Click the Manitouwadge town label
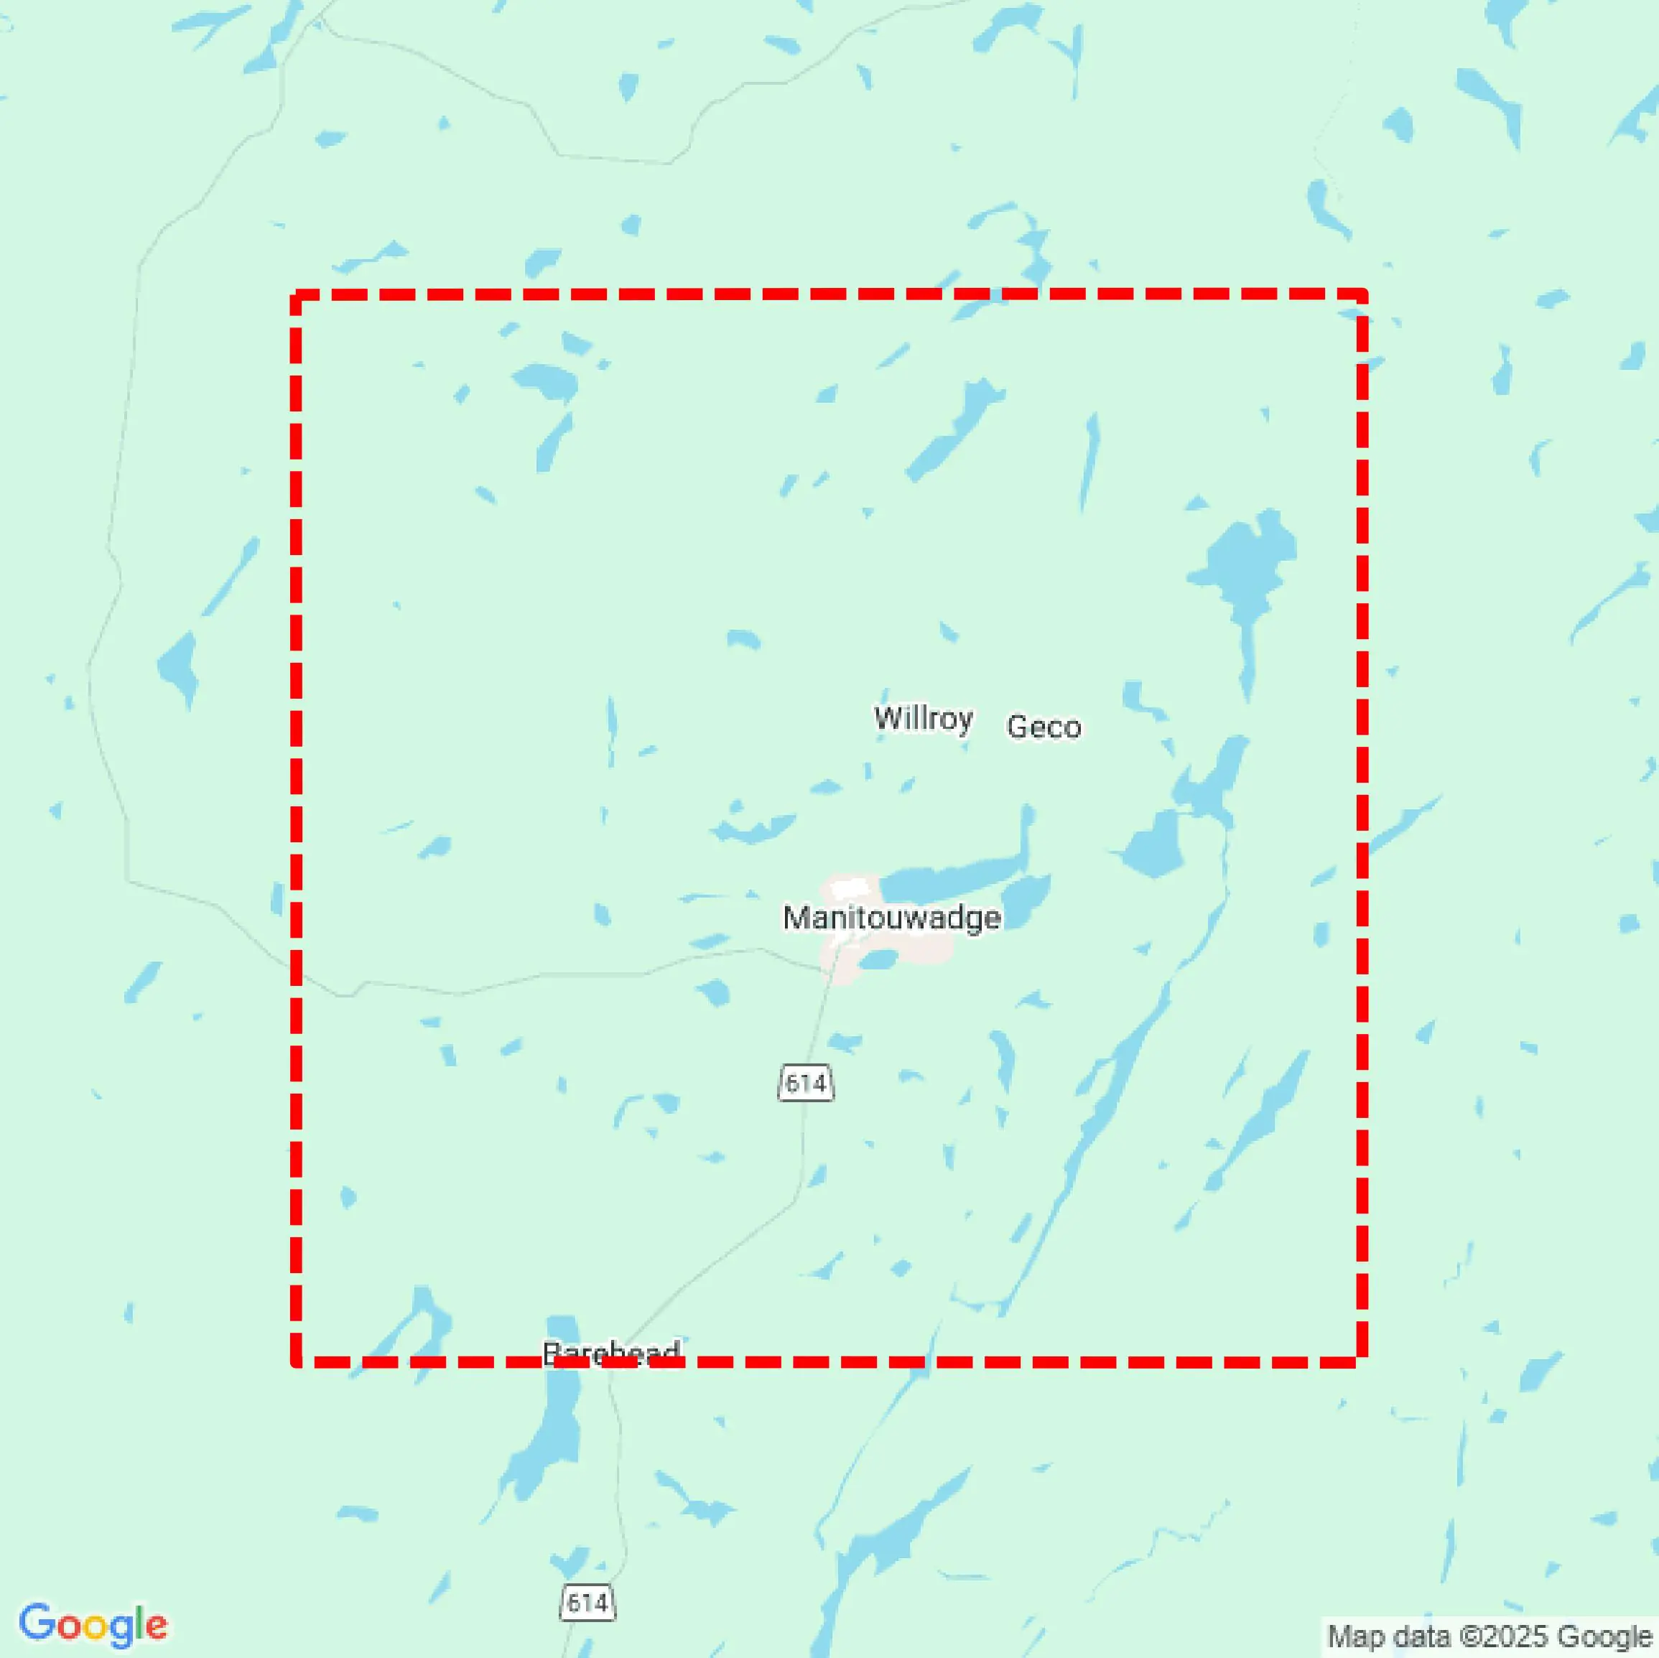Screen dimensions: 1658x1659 891,918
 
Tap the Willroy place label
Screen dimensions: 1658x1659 923,718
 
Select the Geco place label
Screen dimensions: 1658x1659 1044,727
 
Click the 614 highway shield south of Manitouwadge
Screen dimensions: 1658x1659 806,1083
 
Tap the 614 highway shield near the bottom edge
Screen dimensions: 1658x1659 587,1602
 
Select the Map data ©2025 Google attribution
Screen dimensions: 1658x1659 1489,1636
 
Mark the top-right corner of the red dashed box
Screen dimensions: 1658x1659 1363,294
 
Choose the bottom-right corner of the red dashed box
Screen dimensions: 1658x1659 1363,1361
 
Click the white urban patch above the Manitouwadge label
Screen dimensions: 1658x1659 846,889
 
